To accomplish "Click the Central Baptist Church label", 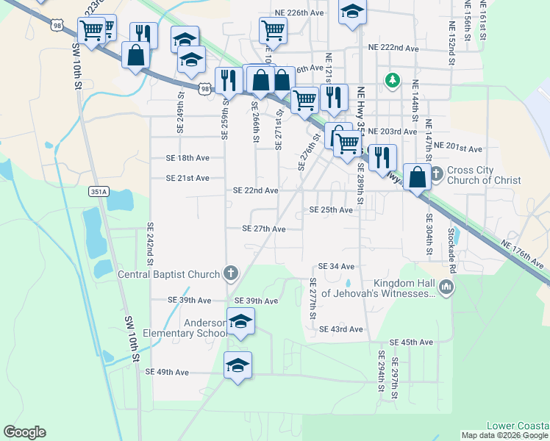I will (169, 275).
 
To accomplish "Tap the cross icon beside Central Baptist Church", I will (230, 275).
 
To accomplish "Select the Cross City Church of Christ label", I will (484, 175).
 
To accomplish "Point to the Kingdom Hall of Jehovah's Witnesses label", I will (404, 289).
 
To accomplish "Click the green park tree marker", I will (393, 79).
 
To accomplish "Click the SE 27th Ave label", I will (264, 229).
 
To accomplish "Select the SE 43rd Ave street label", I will (342, 329).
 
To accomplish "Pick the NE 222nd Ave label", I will (393, 48).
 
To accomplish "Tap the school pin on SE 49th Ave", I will (238, 365).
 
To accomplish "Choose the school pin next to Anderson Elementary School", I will (240, 321).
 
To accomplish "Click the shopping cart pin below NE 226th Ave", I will (273, 30).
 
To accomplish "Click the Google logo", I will (24, 432).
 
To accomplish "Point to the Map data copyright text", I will (504, 435).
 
